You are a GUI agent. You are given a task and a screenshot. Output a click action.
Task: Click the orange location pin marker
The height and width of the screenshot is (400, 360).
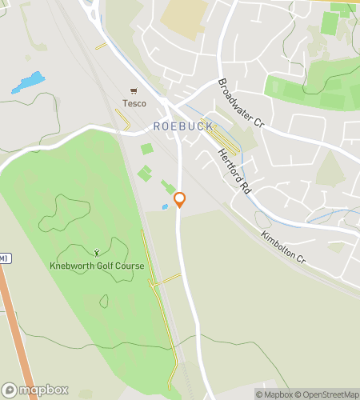[180, 200]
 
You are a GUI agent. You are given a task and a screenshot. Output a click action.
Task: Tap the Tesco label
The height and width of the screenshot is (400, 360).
[134, 103]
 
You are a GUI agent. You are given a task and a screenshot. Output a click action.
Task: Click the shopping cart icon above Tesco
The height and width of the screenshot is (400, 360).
[134, 90]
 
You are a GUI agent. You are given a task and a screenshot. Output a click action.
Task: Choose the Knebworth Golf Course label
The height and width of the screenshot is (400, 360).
[96, 266]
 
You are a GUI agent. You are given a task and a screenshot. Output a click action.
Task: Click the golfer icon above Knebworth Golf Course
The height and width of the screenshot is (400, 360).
[97, 252]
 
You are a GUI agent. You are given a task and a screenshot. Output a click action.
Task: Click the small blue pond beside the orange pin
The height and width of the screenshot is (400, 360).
[165, 206]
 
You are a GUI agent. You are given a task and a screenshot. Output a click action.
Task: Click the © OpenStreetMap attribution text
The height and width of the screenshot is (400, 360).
[326, 394]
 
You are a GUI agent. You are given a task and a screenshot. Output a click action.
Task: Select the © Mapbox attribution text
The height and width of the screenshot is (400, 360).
[274, 394]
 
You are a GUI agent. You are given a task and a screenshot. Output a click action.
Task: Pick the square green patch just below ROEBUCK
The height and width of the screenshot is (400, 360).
[147, 148]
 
